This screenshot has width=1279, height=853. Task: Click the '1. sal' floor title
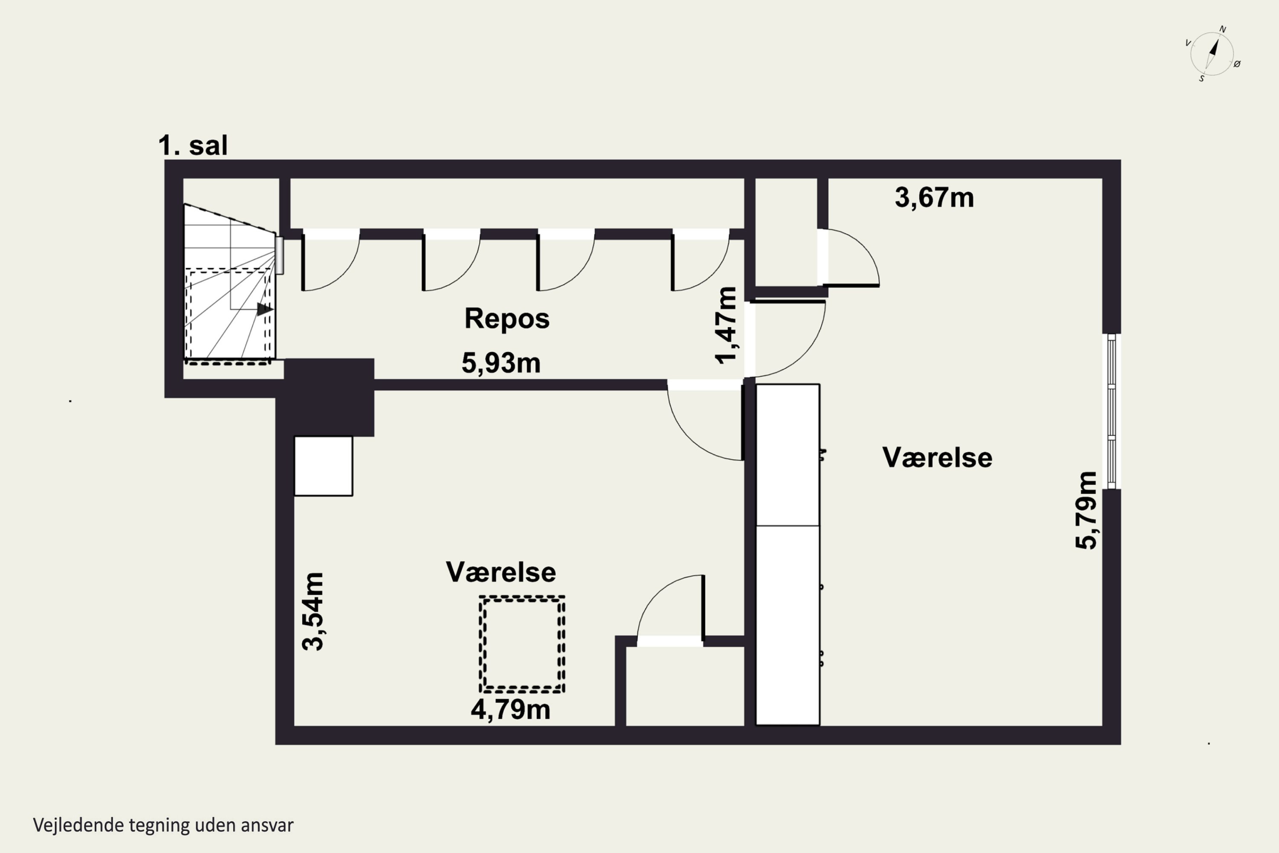(x=193, y=145)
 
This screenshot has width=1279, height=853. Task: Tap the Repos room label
(x=507, y=318)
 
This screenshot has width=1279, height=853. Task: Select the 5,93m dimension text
(x=501, y=363)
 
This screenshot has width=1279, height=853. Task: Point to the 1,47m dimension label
(x=726, y=325)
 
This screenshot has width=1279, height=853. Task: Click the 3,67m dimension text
(x=934, y=197)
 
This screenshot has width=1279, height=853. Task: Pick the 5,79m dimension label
(x=1086, y=510)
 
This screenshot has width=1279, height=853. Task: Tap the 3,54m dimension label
(x=313, y=612)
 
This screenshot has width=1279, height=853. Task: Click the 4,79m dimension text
(x=511, y=710)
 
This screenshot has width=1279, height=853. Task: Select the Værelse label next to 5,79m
(x=937, y=458)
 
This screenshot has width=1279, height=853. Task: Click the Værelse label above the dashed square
(x=501, y=572)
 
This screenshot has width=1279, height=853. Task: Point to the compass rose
(x=1212, y=54)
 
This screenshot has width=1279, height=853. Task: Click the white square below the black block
(x=324, y=466)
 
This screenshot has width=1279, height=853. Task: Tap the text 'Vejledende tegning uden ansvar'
(x=163, y=825)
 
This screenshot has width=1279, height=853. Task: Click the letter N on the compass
(x=1222, y=29)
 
